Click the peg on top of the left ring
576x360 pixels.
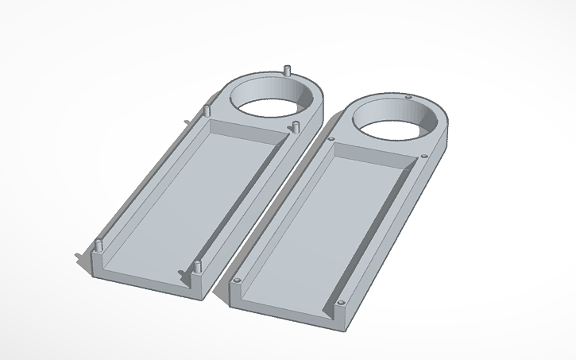point(286,69)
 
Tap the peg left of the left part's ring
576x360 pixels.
point(207,109)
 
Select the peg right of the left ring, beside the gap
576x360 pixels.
point(295,126)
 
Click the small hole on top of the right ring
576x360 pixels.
point(408,97)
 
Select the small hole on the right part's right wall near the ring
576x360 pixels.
point(426,157)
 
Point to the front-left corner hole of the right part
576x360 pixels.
point(237,280)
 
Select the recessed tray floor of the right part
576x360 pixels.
point(326,230)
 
